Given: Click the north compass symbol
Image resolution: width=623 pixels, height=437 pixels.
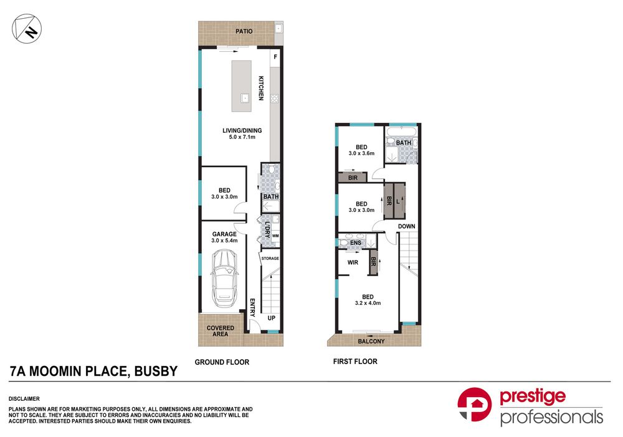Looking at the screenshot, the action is point(27,29).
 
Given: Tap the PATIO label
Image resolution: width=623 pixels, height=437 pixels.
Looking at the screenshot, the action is point(244,31).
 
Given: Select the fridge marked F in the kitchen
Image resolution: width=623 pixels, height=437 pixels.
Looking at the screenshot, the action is point(275,57).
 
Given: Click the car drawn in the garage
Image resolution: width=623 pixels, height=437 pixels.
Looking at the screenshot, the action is point(225,278).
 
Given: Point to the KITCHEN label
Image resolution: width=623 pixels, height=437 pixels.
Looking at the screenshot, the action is point(261,88).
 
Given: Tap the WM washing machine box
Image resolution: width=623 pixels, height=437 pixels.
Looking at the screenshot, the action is point(275,236).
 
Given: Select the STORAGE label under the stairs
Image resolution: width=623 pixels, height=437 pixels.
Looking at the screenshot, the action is point(270,259).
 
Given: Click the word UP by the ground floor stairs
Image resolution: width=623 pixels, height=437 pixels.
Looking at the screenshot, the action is point(272,318).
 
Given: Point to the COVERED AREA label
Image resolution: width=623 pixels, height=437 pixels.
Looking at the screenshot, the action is point(220,331).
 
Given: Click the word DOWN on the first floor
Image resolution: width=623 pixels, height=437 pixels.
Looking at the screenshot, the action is point(406,226).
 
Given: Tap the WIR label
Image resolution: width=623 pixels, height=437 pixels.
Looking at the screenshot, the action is point(353,262).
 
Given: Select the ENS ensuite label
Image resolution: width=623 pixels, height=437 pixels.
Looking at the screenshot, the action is point(356,243).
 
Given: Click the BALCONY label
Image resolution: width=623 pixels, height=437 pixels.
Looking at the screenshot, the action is point(371,341).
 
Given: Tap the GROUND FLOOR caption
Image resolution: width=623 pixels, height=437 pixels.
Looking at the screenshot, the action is point(222,362).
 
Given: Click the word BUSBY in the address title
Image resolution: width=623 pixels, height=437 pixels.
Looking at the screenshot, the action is point(156,371).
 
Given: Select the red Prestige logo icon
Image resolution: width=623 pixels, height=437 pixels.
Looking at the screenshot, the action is point(474,405).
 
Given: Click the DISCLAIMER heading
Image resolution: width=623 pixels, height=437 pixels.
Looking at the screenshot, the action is point(24,399).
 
